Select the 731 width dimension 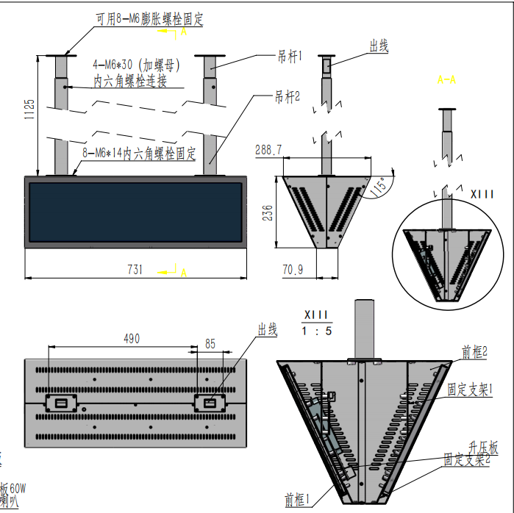[135, 270]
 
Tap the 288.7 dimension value [268, 150]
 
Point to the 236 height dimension [268, 212]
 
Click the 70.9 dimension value [292, 270]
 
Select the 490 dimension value [131, 339]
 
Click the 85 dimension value [210, 342]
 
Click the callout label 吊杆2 [288, 96]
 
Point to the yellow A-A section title [446, 79]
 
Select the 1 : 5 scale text [318, 331]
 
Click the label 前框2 [475, 354]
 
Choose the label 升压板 [483, 447]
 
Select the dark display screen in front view [135, 213]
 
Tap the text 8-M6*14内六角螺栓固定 [140, 154]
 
